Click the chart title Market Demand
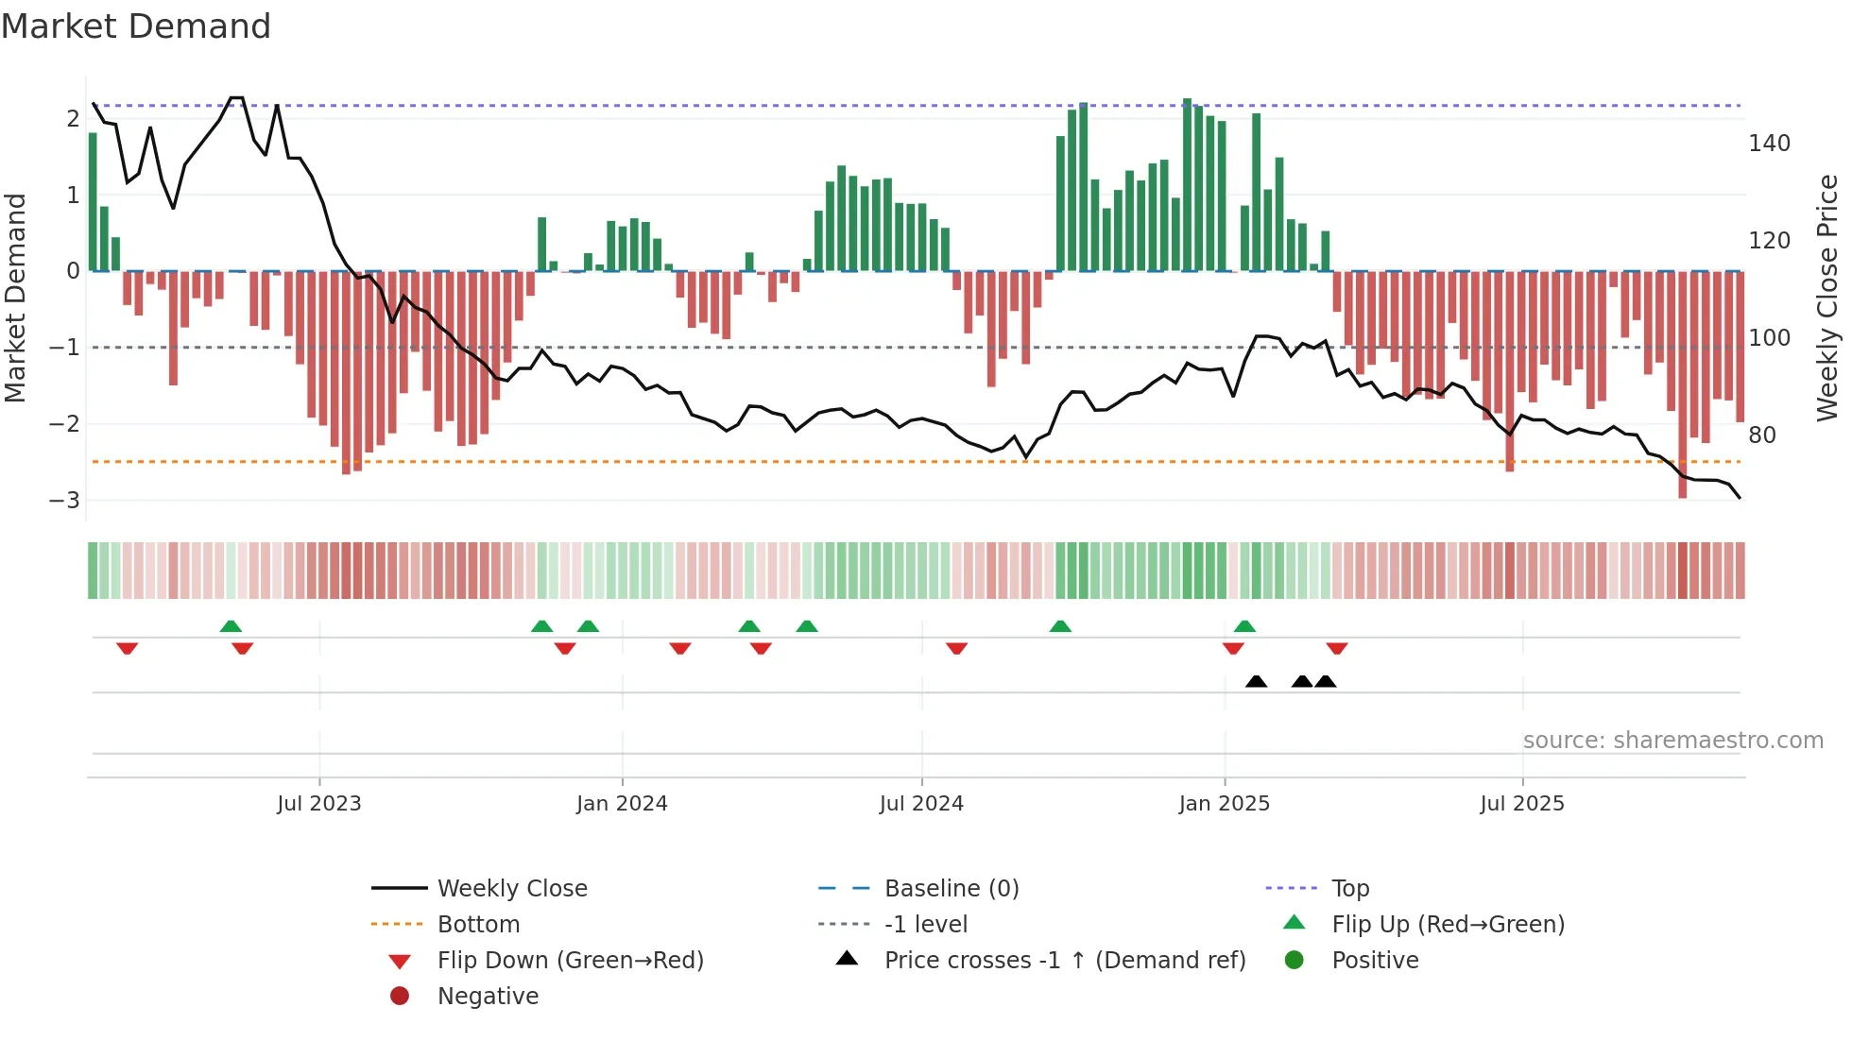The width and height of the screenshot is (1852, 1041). (x=136, y=26)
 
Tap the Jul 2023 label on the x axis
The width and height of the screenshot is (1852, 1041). (x=319, y=804)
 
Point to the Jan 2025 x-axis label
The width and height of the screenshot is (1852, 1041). (x=1225, y=804)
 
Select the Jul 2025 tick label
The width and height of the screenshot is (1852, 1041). (x=1522, y=804)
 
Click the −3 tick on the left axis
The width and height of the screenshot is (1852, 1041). (x=65, y=501)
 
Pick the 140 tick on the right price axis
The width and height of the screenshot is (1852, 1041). (x=1769, y=144)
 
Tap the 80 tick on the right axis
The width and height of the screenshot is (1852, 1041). (x=1762, y=435)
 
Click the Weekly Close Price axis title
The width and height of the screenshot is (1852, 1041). (x=1827, y=298)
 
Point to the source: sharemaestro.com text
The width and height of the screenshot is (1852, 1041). (x=1672, y=741)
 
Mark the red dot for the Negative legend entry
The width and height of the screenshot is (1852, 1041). (x=400, y=997)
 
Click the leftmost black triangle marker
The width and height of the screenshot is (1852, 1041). (x=1256, y=682)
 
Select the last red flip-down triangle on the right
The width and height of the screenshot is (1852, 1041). (x=1336, y=648)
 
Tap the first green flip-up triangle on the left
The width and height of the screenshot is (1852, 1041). (x=231, y=626)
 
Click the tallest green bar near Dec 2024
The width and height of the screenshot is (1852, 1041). (x=1188, y=185)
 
